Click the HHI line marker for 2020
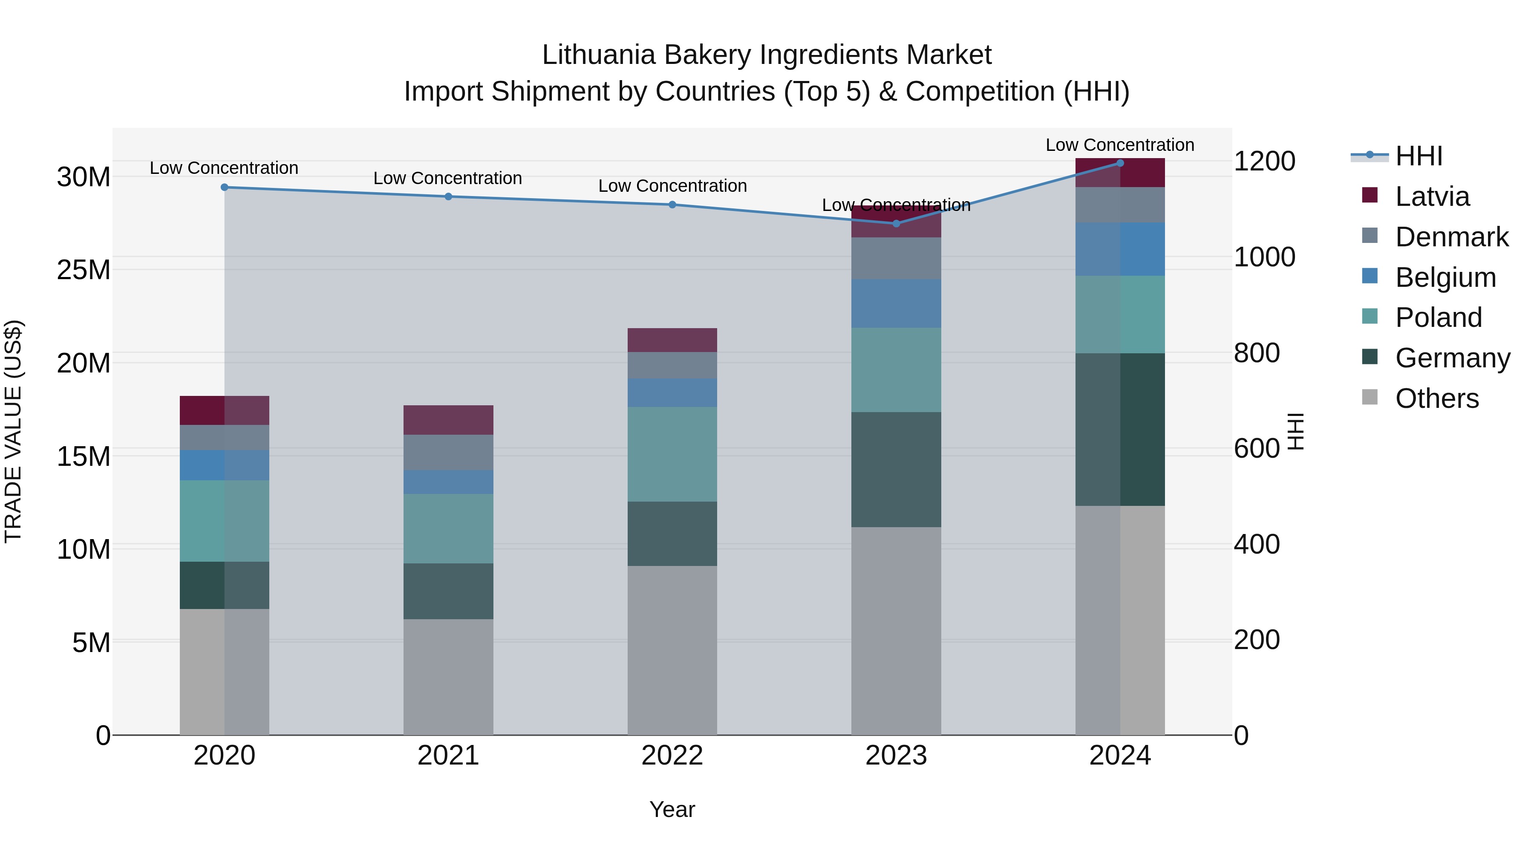[x=225, y=187]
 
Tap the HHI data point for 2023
[x=896, y=223]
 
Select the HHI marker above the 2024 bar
[x=1120, y=163]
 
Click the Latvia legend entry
[x=1432, y=196]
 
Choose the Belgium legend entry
[x=1445, y=277]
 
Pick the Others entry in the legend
[x=1436, y=398]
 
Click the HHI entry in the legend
[x=1419, y=156]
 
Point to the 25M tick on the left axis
[x=84, y=270]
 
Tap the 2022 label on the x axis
[x=672, y=756]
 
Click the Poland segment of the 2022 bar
[x=672, y=454]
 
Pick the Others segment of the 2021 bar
[x=448, y=677]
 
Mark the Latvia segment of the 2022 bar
[x=672, y=340]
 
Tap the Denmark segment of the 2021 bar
[x=448, y=452]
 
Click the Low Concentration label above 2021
[x=448, y=178]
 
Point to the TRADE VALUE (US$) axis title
[x=13, y=431]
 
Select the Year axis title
[x=672, y=809]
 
